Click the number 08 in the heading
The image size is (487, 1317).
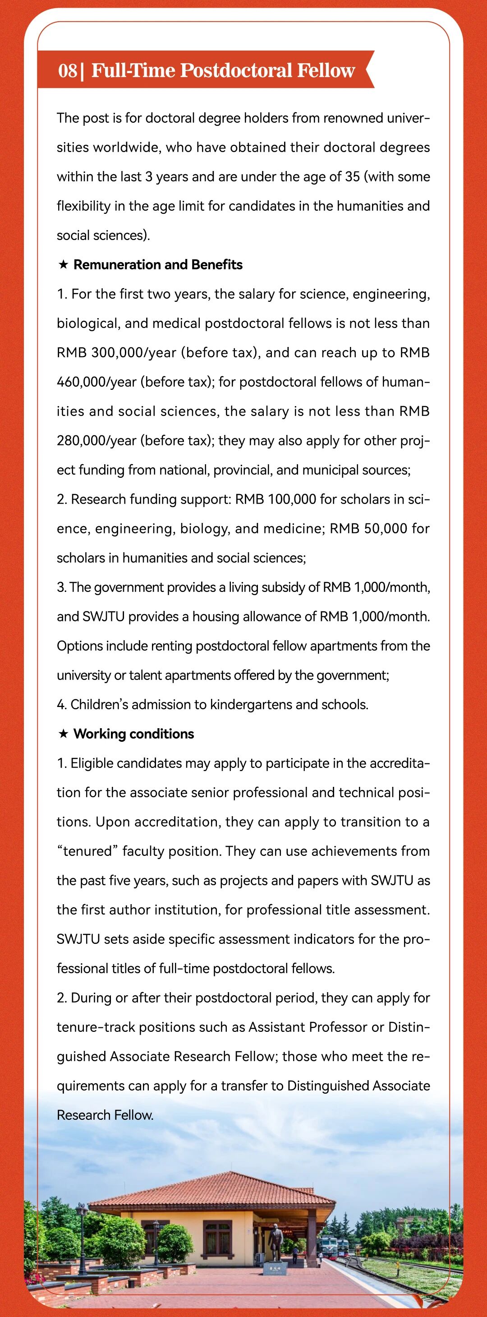pos(67,70)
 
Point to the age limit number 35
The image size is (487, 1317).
pos(353,177)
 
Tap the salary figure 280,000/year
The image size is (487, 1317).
pos(96,441)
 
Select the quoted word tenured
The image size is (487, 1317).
pos(87,851)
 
